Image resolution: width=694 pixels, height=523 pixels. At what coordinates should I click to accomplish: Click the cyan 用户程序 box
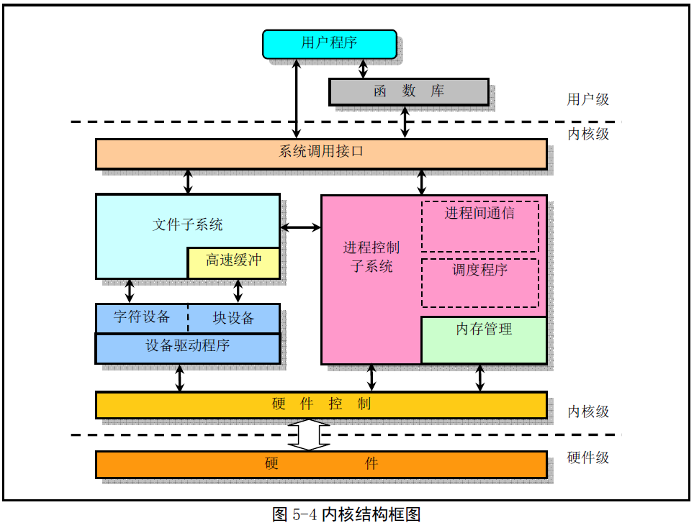tap(329, 44)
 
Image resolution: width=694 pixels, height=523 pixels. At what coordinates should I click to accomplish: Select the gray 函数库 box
tap(408, 92)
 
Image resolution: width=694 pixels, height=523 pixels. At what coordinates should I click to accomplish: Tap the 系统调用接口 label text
tap(321, 151)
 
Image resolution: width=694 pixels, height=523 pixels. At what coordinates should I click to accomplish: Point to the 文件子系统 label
tap(188, 224)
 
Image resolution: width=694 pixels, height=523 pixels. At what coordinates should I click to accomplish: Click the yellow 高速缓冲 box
tap(234, 263)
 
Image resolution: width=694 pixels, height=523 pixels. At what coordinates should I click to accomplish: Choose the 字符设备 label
tap(142, 317)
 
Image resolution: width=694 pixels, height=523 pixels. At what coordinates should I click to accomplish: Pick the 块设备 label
tap(233, 318)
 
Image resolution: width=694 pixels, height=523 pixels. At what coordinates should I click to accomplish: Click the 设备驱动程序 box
tap(188, 349)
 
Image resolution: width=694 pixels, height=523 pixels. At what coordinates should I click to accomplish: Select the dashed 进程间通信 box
tap(479, 227)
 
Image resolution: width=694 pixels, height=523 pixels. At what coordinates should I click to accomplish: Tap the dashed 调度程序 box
tap(479, 283)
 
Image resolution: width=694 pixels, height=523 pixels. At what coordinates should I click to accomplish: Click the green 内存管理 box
tap(484, 340)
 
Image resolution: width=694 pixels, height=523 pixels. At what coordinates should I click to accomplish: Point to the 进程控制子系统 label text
tap(371, 257)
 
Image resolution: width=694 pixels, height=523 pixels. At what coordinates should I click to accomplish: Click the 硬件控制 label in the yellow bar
tap(321, 404)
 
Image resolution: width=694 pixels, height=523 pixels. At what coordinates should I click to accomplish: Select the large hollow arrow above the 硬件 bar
tap(309, 435)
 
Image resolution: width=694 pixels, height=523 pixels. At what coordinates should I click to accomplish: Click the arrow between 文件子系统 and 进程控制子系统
tap(300, 227)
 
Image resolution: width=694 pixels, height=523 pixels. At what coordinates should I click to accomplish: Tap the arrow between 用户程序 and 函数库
tap(363, 69)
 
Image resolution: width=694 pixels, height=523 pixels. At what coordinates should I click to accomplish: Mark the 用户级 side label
tap(588, 99)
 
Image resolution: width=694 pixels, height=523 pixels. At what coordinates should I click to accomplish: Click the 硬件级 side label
tap(588, 457)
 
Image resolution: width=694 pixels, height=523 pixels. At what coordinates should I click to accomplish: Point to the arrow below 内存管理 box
tap(479, 378)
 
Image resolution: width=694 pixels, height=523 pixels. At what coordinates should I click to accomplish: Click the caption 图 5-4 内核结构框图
tap(346, 514)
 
